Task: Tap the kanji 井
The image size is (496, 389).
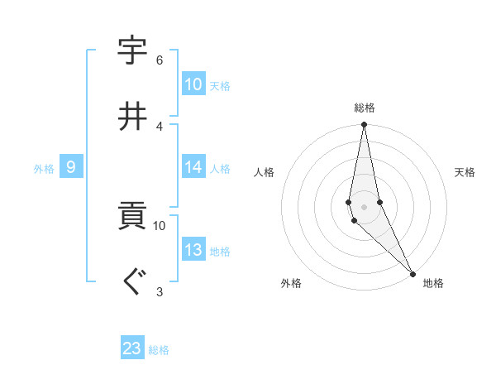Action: (x=132, y=116)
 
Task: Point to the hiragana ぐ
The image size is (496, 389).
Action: (x=132, y=282)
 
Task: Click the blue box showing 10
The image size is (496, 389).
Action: (x=193, y=84)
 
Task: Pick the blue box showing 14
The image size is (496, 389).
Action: (x=193, y=168)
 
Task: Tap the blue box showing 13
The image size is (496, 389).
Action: (x=193, y=251)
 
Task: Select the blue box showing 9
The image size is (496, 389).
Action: (x=71, y=168)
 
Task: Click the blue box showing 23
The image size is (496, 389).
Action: (x=132, y=348)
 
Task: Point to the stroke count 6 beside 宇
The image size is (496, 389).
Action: (x=159, y=60)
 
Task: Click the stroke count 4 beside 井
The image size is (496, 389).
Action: (x=159, y=126)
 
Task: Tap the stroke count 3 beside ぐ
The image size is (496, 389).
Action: (x=159, y=291)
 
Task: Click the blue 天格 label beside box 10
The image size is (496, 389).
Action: (x=220, y=86)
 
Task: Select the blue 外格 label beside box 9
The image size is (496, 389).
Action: (x=44, y=169)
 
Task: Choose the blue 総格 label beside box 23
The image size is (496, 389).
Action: (x=159, y=350)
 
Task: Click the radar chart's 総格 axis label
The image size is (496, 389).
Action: (x=364, y=108)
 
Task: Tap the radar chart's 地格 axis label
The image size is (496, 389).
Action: (x=433, y=283)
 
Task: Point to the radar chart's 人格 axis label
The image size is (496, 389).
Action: (x=265, y=172)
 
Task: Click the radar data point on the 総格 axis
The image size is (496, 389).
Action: (x=364, y=125)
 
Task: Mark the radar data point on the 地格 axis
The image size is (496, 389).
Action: (x=413, y=274)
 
